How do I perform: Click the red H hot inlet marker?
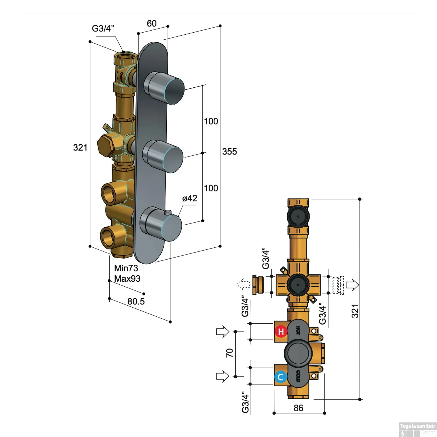pyautogui.click(x=281, y=331)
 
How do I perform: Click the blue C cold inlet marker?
pyautogui.click(x=281, y=377)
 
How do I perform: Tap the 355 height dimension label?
pyautogui.click(x=229, y=151)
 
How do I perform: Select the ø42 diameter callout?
pyautogui.click(x=190, y=198)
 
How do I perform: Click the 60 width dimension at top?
pyautogui.click(x=151, y=23)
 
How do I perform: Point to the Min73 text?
pyautogui.click(x=126, y=268)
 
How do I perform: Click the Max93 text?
pyautogui.click(x=127, y=279)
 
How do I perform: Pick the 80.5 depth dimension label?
pyautogui.click(x=136, y=301)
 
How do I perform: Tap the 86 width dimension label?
pyautogui.click(x=298, y=408)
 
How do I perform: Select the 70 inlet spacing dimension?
pyautogui.click(x=230, y=353)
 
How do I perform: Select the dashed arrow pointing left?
pyautogui.click(x=244, y=284)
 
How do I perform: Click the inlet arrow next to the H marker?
pyautogui.click(x=223, y=332)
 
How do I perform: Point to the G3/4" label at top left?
pyautogui.click(x=103, y=29)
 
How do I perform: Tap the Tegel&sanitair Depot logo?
pyautogui.click(x=417, y=429)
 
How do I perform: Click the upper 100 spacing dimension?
pyautogui.click(x=211, y=121)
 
